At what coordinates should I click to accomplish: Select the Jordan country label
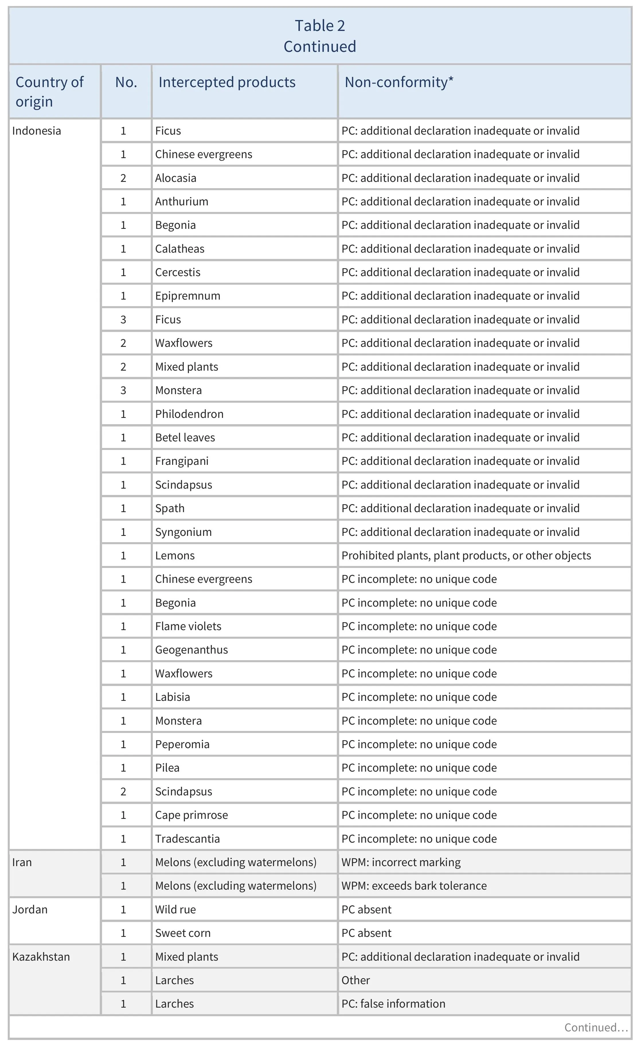point(30,909)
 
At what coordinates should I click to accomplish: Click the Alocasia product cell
point(176,178)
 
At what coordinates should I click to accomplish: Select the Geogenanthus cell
point(191,650)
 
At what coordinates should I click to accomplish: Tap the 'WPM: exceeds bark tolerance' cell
point(414,886)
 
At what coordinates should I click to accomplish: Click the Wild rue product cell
point(176,909)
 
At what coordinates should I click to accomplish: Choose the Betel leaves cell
point(185,438)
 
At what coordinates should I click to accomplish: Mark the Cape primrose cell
point(191,815)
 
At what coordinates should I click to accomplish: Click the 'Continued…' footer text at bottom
point(596,1027)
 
